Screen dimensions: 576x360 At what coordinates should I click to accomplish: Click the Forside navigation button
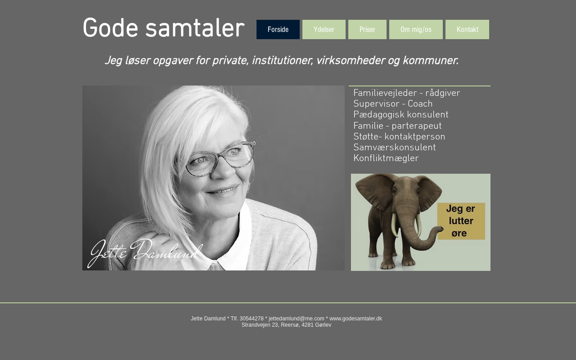(x=278, y=29)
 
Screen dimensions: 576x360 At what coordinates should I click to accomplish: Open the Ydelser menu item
(x=324, y=29)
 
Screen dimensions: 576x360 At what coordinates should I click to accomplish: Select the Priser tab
(x=367, y=29)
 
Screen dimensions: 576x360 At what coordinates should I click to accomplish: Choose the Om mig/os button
(x=416, y=29)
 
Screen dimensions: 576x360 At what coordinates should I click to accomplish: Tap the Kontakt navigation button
(x=467, y=29)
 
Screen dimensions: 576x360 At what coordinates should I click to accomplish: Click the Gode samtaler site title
(x=163, y=28)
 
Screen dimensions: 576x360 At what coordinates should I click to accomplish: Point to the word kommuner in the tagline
(x=431, y=61)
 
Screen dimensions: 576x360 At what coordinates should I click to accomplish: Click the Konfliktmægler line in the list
(x=386, y=158)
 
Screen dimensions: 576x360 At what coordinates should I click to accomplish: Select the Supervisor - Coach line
(x=393, y=103)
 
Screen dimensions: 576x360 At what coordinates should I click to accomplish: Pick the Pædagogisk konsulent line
(x=401, y=115)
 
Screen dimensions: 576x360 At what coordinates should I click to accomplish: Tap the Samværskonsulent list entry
(x=395, y=147)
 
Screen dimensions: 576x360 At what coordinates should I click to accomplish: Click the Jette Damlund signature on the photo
(x=145, y=252)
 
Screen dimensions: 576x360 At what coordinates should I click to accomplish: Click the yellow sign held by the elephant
(x=461, y=221)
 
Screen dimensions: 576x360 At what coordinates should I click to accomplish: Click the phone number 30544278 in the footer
(x=252, y=319)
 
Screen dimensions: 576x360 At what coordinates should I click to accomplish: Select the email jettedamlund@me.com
(x=297, y=319)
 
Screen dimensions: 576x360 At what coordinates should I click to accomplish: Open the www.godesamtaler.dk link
(x=355, y=319)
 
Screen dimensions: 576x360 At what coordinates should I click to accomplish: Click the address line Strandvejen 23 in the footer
(x=287, y=325)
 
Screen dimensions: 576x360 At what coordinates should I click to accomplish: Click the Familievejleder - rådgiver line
(x=406, y=93)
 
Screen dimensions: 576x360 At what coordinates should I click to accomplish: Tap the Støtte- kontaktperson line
(x=399, y=136)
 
